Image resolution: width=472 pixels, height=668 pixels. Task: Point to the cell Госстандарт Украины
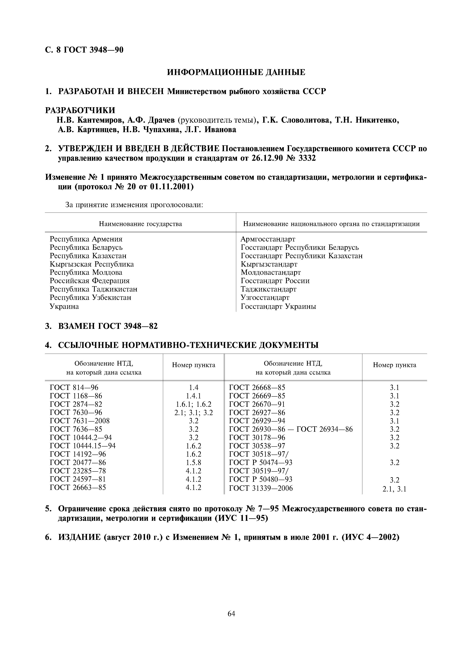[x=278, y=306]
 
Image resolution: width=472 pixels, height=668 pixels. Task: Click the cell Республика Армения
[x=86, y=239]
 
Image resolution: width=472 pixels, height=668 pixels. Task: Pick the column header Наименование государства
[x=140, y=224]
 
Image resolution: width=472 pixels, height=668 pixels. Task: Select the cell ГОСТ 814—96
[x=74, y=388]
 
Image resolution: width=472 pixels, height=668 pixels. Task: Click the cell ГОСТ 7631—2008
[x=80, y=421]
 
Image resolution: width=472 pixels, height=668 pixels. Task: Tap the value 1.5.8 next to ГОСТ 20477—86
[x=193, y=463]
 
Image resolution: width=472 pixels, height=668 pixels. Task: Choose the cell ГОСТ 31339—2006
[x=261, y=488]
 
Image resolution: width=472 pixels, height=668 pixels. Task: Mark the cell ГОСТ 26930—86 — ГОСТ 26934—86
[x=291, y=429]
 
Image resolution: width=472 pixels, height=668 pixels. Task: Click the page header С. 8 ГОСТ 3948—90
[x=84, y=50]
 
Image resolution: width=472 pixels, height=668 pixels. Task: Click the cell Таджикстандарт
[x=268, y=289]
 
